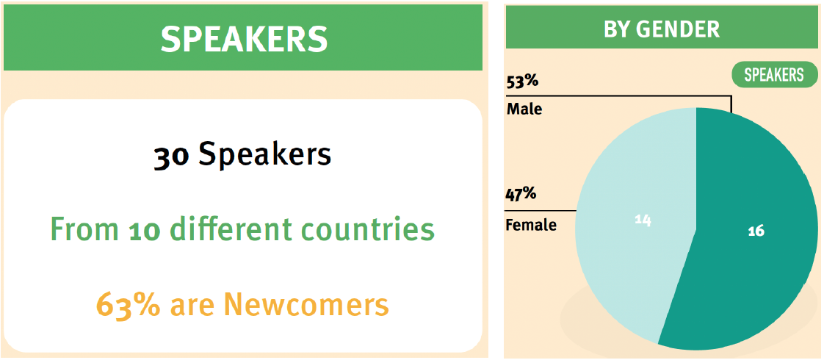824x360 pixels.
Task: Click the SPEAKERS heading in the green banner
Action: point(244,38)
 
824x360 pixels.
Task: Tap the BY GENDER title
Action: point(662,29)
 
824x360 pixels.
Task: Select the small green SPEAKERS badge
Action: point(773,75)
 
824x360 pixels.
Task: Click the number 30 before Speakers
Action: point(171,156)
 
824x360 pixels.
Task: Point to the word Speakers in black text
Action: point(265,155)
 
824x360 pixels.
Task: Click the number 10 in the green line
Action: point(143,230)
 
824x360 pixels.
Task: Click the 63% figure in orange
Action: point(129,305)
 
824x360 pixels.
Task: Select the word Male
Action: point(524,110)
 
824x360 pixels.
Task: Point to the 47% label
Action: point(521,195)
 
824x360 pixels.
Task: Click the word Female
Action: point(531,226)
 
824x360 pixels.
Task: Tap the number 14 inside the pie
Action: point(643,220)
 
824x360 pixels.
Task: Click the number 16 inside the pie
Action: point(756,230)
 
